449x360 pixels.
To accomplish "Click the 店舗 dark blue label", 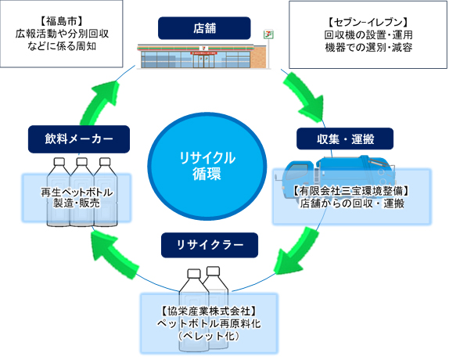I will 205,29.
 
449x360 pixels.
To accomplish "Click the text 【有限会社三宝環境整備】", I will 352,191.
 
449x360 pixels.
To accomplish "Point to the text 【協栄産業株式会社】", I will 207,311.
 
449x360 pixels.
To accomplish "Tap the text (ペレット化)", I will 207,336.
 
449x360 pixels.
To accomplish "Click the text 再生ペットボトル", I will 76,193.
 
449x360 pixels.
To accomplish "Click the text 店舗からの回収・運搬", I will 352,203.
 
